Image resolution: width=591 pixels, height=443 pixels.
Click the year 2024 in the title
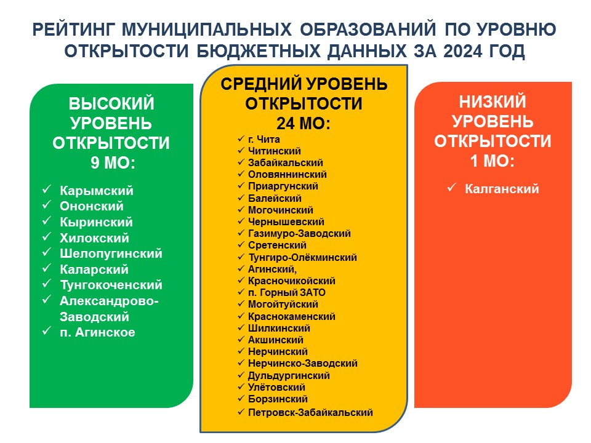pos(462,51)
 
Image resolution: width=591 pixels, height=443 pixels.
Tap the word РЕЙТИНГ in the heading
pos(74,30)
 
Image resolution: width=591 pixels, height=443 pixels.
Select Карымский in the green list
pos(97,191)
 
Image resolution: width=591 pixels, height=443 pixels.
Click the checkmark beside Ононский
pos(46,205)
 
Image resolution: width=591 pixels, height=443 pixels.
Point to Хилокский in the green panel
pos(94,238)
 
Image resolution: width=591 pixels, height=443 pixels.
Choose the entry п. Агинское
pos(97,332)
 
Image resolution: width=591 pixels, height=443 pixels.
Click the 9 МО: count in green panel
pos(113,163)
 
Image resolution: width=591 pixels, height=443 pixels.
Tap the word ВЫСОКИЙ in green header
pos(111,103)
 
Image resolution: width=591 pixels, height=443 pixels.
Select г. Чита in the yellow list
pos(264,140)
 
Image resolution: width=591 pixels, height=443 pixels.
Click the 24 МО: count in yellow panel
pos(304,123)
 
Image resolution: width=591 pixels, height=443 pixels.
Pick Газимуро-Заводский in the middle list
pos(299,234)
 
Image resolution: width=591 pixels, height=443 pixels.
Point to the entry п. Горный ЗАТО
pos(286,293)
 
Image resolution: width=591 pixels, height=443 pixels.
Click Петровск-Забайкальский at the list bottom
pos(310,412)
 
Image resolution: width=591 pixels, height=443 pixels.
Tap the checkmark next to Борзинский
pos(241,398)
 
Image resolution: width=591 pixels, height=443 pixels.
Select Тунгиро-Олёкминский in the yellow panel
pos(302,258)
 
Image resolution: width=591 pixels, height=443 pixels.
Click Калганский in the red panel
pos(502,189)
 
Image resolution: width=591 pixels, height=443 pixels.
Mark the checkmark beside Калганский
pos(451,187)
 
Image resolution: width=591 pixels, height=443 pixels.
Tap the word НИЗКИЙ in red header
pos(492,102)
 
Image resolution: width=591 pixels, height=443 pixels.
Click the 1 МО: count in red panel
pos(492,161)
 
